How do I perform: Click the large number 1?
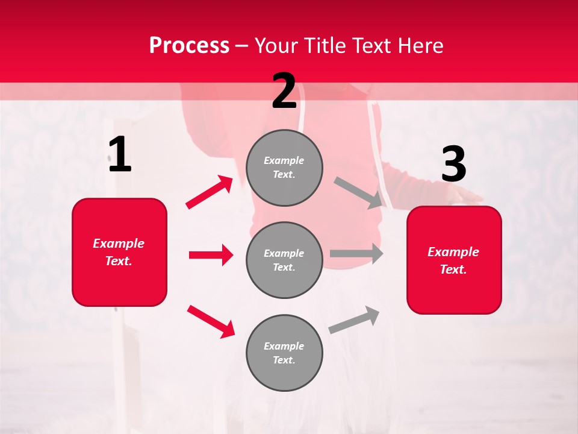[120, 156]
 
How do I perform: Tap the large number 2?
[284, 91]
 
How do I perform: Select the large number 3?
[453, 165]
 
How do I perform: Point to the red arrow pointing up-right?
[210, 192]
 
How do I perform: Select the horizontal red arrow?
[211, 255]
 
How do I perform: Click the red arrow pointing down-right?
[211, 321]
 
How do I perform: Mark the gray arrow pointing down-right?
[359, 193]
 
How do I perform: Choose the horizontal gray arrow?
[356, 254]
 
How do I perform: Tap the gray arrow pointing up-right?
[354, 319]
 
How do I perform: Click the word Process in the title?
[189, 46]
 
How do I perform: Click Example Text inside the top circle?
[284, 168]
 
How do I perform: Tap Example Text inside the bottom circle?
[284, 353]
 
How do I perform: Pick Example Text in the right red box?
[453, 260]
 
